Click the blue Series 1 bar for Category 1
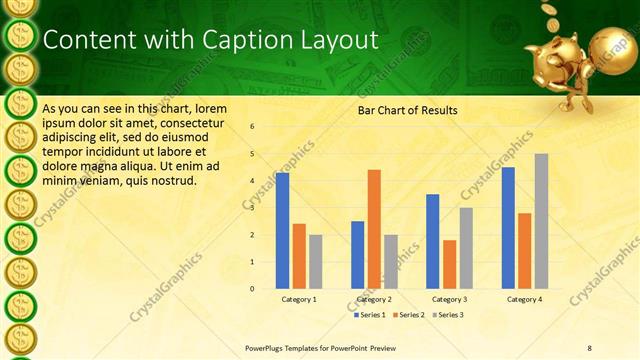coord(283,231)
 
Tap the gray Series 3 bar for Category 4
coord(541,221)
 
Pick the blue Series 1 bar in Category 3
coord(433,241)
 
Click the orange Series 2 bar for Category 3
coord(449,264)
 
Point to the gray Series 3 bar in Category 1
coord(315,262)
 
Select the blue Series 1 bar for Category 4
coord(508,228)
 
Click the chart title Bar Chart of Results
coord(408,110)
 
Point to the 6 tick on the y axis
coord(252,127)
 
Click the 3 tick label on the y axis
coord(252,208)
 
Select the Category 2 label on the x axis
coord(373,299)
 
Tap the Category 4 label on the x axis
coord(524,299)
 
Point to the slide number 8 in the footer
coord(589,348)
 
